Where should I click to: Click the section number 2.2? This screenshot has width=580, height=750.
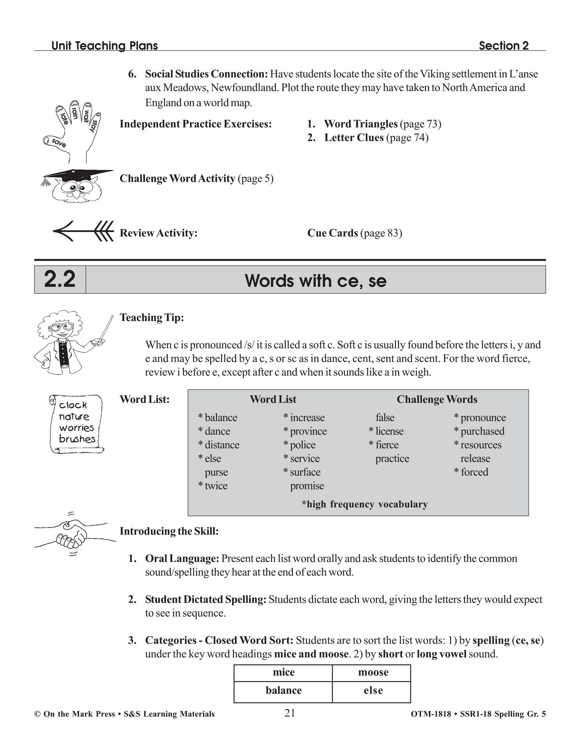pos(60,280)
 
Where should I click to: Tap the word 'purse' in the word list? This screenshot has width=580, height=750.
pos(216,472)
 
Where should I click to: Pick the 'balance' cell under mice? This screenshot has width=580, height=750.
pos(283,690)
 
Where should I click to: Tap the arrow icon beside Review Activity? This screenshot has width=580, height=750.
pos(84,231)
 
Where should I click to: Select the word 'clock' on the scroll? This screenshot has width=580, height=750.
pos(73,405)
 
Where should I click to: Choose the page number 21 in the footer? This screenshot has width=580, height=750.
pos(290,713)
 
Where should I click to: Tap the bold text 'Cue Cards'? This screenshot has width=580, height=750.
pos(332,233)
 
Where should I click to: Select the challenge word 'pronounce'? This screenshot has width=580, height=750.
pos(483,417)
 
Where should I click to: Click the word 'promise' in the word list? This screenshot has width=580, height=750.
pos(307,486)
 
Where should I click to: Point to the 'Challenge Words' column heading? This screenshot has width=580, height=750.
pos(437,399)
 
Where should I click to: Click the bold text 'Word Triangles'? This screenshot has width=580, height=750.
pos(361,124)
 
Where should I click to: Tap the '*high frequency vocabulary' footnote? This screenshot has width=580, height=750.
pos(364,504)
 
